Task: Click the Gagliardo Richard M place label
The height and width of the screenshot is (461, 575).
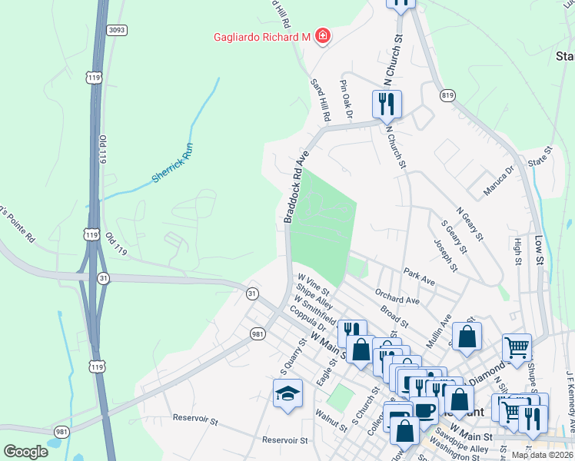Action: coord(261,37)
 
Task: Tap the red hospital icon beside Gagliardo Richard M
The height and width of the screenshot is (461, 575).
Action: coord(323,36)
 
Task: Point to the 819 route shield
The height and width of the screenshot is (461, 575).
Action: coord(447,95)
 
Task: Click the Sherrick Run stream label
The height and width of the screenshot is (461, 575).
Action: coord(171,167)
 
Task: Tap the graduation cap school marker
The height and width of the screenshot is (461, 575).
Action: coord(287,393)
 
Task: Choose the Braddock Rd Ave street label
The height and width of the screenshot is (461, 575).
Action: coord(296,187)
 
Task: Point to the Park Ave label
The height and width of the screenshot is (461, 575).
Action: coord(419,277)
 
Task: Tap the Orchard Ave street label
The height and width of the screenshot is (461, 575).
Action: coord(397,297)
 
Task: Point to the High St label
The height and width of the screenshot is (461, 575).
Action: coord(516,250)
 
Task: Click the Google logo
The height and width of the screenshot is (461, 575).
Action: coord(26,451)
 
